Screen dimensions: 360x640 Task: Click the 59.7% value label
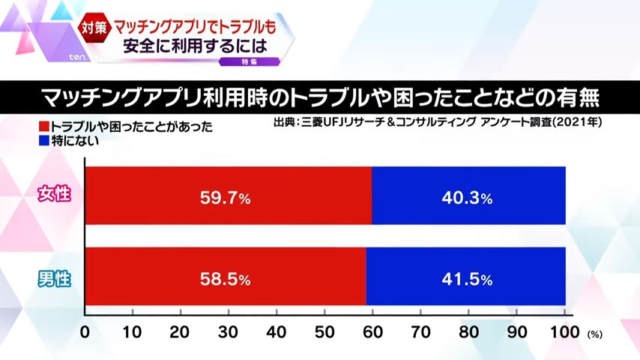(x=225, y=199)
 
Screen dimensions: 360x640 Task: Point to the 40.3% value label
(x=465, y=199)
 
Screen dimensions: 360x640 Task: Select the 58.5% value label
(x=225, y=279)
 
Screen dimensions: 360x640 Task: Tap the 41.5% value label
(x=465, y=279)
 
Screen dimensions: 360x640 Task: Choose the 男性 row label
(x=54, y=280)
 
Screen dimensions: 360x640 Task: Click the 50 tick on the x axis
(x=324, y=331)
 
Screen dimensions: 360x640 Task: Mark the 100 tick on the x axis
(x=565, y=331)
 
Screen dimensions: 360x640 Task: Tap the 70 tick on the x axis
(x=421, y=331)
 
